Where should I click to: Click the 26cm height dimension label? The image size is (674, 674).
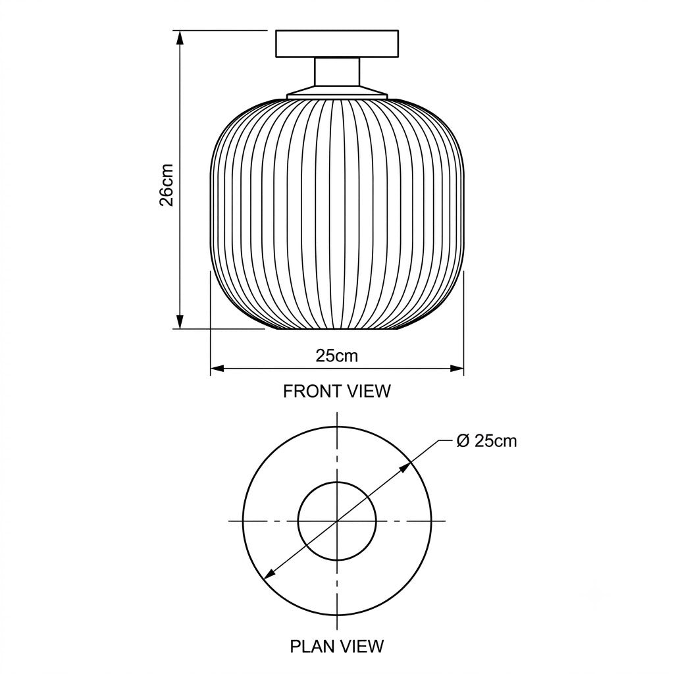pos(167,185)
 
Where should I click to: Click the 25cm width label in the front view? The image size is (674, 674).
pos(337,356)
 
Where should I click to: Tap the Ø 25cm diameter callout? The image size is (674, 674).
pos(486,441)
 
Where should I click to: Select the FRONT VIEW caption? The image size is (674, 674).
pos(337,391)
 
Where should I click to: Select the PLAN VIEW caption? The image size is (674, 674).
pos(337,646)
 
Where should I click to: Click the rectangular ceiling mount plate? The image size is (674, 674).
pos(337,43)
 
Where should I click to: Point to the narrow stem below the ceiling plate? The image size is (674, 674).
pos(337,71)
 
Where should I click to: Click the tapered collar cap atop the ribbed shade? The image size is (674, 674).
pos(337,92)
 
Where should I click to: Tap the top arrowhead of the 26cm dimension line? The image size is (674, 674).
pos(180,38)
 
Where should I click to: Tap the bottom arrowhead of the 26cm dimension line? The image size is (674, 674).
pos(180,321)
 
